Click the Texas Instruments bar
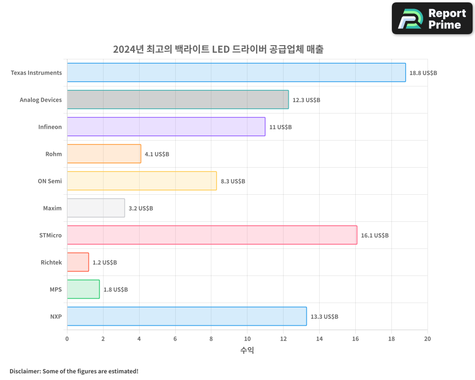236,73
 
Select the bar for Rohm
104,154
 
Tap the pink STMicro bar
212,235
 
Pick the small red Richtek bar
78,262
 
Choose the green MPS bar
83,289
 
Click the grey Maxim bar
96,208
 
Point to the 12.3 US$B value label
306,100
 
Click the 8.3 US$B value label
233,181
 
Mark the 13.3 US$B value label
324,317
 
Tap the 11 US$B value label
280,127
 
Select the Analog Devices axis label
41,100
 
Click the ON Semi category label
50,181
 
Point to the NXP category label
56,316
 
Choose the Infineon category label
50,127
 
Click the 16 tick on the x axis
355,339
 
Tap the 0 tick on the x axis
67,339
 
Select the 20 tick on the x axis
427,339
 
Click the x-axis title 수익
247,351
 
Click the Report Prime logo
432,19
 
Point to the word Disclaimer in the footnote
25,371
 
